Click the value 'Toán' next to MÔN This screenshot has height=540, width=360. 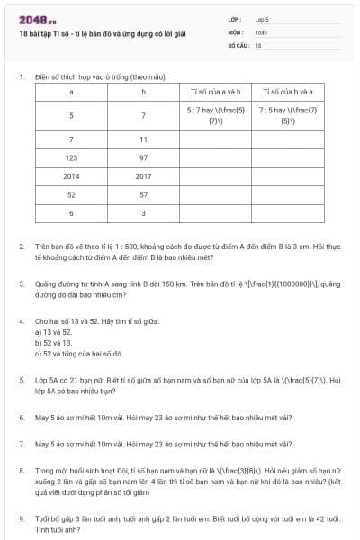(x=260, y=31)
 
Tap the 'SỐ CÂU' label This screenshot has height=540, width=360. (x=238, y=44)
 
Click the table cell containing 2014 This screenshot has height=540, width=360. (x=71, y=175)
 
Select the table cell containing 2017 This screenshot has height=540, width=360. (x=143, y=175)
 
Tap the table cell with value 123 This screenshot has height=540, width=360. (x=71, y=157)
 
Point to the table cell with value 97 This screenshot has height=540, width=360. (x=143, y=157)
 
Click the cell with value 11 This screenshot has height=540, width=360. (x=143, y=139)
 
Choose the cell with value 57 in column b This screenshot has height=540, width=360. (x=143, y=193)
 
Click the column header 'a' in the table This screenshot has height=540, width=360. (x=71, y=91)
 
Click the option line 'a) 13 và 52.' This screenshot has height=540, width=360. (x=54, y=332)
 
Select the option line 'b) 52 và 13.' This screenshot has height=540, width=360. (x=54, y=343)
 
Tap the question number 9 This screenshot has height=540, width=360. (x=21, y=518)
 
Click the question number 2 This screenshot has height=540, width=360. (x=21, y=245)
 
